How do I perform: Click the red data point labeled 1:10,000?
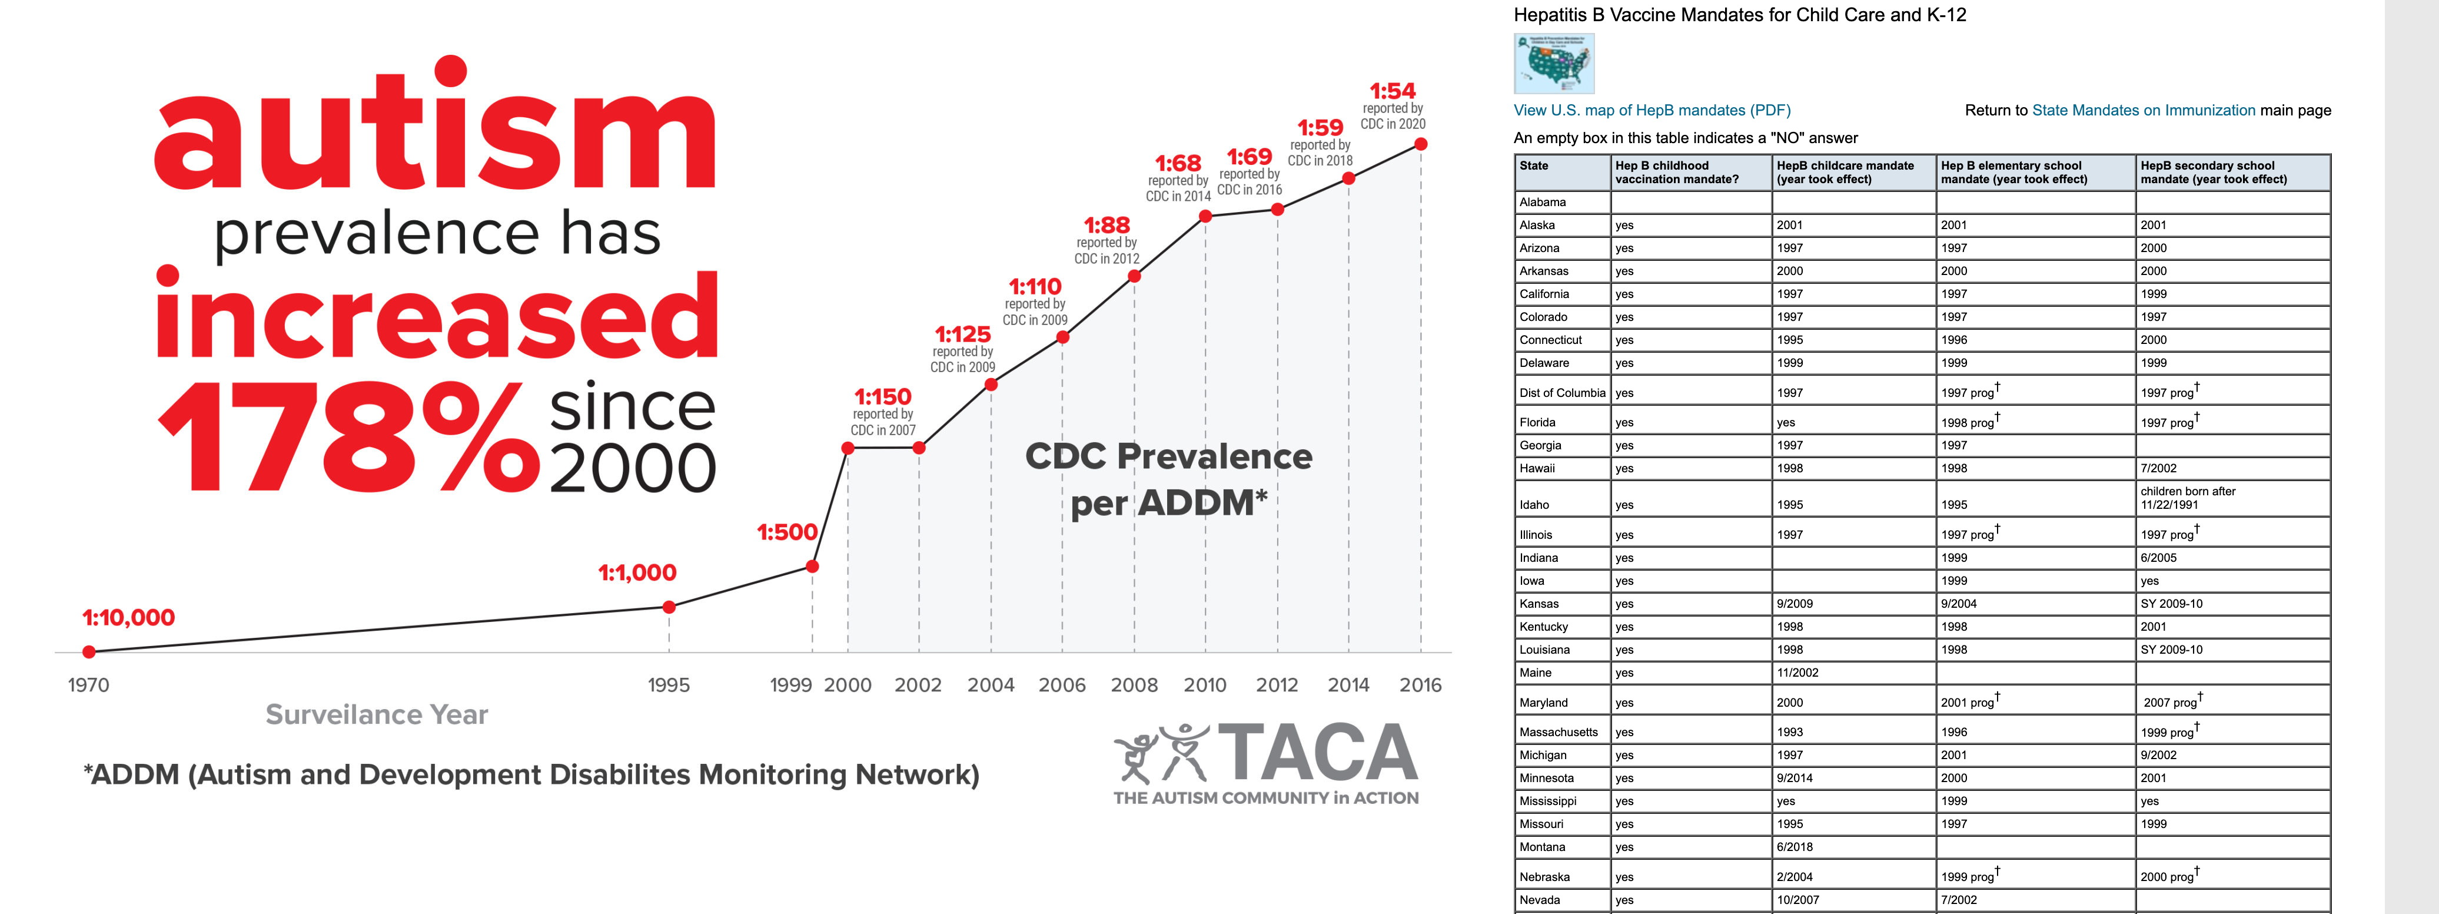tap(89, 652)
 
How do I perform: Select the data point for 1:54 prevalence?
tap(1420, 144)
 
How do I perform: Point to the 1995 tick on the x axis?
tap(669, 685)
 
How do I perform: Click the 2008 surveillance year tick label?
tap(1134, 685)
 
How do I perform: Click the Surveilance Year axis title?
tap(377, 714)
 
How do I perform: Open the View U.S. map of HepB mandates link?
tap(1652, 110)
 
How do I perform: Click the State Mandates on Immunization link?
tap(2144, 110)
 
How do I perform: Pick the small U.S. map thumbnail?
tap(1554, 64)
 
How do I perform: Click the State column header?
tap(1534, 165)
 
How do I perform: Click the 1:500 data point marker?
tap(812, 567)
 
